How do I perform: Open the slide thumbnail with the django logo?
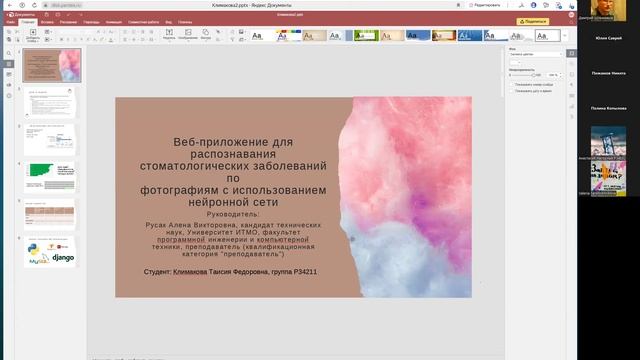click(x=49, y=252)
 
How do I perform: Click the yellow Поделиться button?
click(x=533, y=21)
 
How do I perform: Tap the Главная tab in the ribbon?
click(x=30, y=21)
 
